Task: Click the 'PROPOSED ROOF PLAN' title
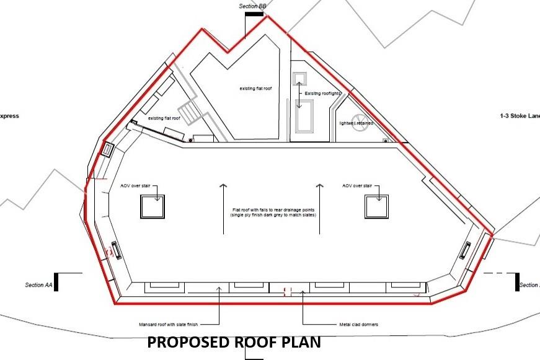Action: click(234, 343)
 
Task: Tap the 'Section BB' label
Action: click(252, 6)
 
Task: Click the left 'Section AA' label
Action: click(38, 285)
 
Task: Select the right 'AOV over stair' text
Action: click(357, 185)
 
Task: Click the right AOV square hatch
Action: click(376, 206)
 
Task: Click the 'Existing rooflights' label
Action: click(323, 94)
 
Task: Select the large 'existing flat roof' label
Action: click(255, 89)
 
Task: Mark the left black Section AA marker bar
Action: click(56, 282)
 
